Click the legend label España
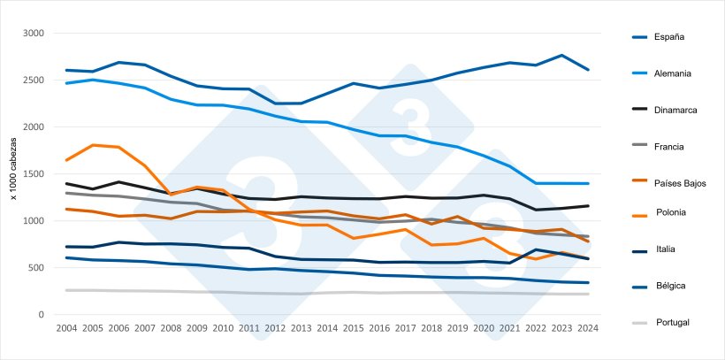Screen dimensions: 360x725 (x=669, y=37)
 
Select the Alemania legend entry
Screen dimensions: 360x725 (x=673, y=73)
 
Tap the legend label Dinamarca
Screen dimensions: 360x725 (x=675, y=110)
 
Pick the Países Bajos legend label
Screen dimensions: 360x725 (x=680, y=183)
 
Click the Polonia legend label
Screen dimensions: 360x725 (x=671, y=212)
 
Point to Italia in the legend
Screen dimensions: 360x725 (x=666, y=249)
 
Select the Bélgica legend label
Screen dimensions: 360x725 (x=670, y=286)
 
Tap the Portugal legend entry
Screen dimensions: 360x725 (x=672, y=323)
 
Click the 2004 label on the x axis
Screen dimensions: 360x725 (x=66, y=329)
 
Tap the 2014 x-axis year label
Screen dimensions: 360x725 (x=327, y=329)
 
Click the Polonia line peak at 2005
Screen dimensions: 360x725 (x=93, y=145)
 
